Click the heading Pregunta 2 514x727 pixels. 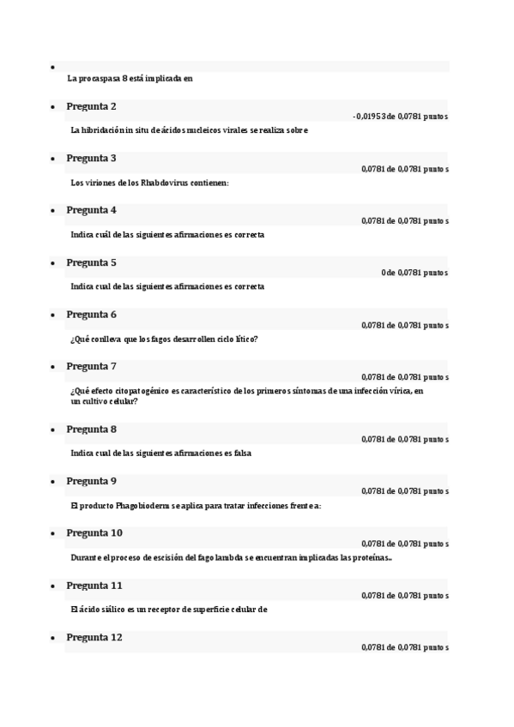pyautogui.click(x=91, y=106)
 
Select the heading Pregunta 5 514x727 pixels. pyautogui.click(x=91, y=262)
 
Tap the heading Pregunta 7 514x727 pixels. pyautogui.click(x=91, y=366)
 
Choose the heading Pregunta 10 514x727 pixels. pyautogui.click(x=94, y=532)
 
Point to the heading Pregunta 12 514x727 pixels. pyautogui.click(x=94, y=637)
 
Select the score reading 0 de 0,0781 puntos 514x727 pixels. pyautogui.click(x=414, y=273)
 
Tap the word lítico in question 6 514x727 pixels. pyautogui.click(x=245, y=339)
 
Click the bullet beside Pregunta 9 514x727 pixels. pyautogui.click(x=53, y=482)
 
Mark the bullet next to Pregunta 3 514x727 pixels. pyautogui.click(x=53, y=159)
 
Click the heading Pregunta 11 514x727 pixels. pyautogui.click(x=94, y=585)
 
